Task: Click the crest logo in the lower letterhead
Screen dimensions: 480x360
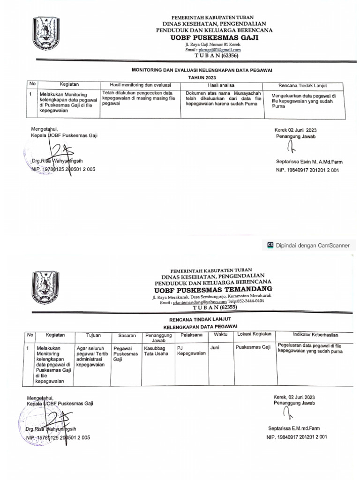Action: (x=45, y=289)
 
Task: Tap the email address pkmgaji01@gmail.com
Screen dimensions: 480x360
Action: (x=219, y=49)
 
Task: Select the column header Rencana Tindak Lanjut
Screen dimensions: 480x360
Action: (x=302, y=86)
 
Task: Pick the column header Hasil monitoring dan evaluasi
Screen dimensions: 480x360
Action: (x=140, y=85)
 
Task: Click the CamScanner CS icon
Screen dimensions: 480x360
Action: (x=270, y=245)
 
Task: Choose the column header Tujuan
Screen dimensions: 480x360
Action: (x=93, y=335)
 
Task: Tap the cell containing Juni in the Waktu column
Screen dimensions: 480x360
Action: (x=215, y=348)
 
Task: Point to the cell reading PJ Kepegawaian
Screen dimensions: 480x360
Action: (x=191, y=351)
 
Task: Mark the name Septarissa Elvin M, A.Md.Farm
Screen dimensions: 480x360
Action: (x=309, y=162)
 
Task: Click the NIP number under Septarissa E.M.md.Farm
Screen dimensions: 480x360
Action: (x=296, y=437)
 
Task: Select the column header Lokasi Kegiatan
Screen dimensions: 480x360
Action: (x=255, y=335)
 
